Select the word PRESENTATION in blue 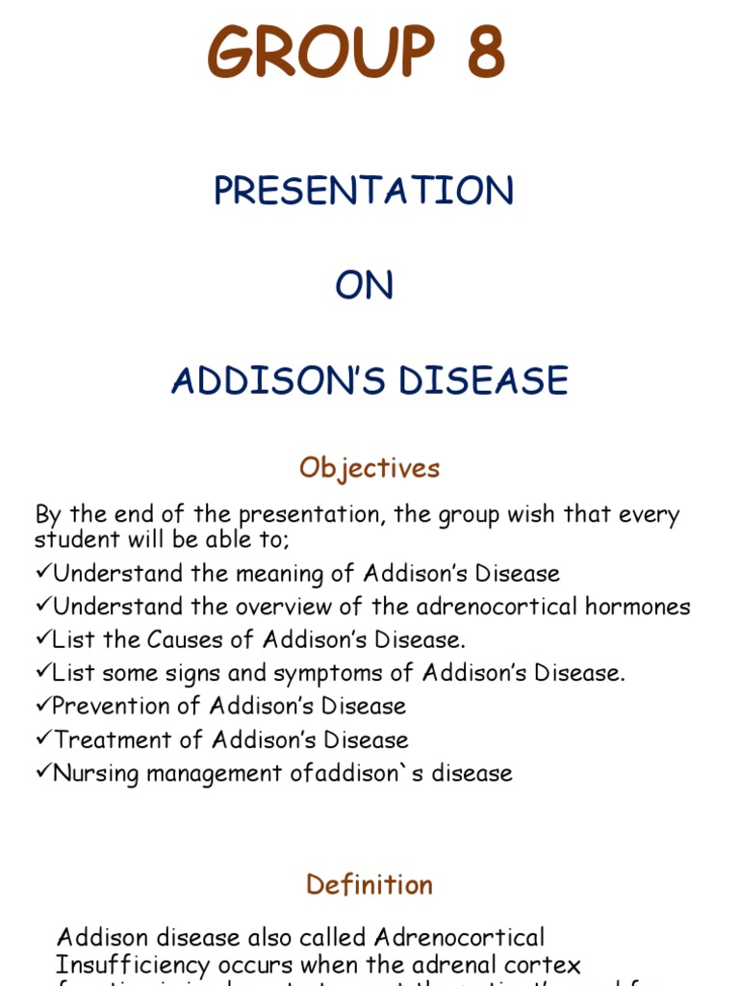coord(364,191)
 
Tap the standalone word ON coord(364,286)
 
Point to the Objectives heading coord(369,468)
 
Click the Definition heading coord(369,885)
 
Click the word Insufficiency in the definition coord(134,965)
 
